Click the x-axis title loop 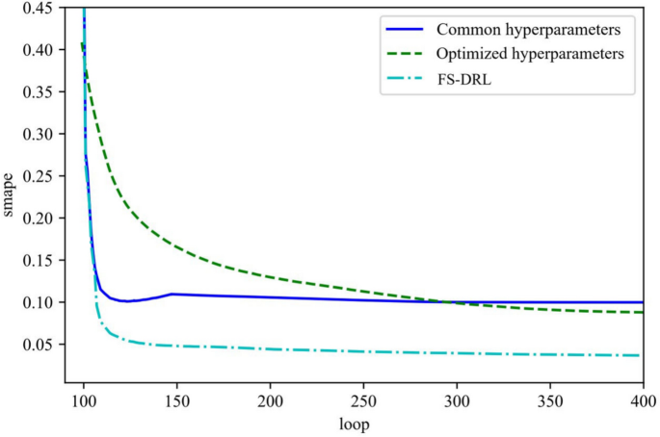363,424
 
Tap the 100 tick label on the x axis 84,399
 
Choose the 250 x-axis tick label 363,399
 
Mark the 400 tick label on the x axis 643,399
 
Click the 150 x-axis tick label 176,399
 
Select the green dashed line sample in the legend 408,53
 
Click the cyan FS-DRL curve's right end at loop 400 642,355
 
